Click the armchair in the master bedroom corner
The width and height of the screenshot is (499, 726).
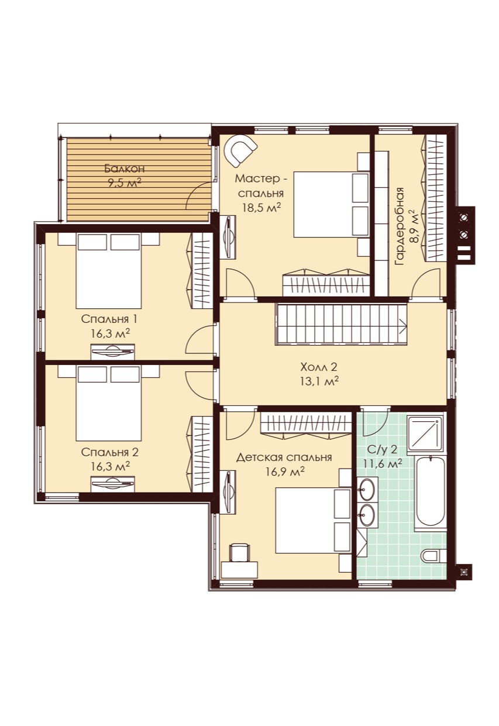240,150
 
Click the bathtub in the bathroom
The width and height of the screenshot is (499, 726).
431,493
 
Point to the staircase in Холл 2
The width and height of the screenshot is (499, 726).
341,324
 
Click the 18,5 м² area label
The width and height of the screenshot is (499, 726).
261,207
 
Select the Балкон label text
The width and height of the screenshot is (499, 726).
124,168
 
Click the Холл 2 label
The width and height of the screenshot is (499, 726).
319,367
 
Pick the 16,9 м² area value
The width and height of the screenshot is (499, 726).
285,472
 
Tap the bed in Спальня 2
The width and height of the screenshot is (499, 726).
109,403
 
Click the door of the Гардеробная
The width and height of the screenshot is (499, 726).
426,283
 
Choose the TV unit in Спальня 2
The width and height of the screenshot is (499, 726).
113,484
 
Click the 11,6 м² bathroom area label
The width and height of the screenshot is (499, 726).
383,464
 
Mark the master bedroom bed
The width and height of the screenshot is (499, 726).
332,204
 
